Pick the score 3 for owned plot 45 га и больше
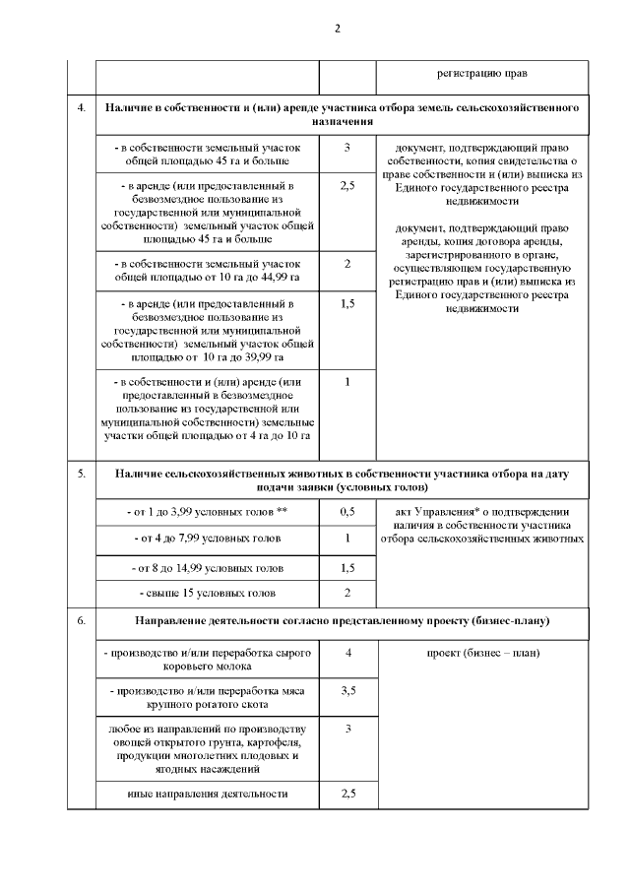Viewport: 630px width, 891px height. point(348,148)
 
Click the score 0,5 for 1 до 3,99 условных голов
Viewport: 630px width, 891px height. point(348,512)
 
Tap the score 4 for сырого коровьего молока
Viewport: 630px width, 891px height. point(348,654)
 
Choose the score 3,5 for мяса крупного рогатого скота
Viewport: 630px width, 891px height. point(348,691)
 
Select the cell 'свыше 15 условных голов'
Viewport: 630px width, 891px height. point(208,593)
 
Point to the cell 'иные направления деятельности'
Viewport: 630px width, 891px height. point(208,793)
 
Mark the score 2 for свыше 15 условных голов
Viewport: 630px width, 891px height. point(348,593)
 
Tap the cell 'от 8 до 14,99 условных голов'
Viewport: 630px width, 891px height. point(208,568)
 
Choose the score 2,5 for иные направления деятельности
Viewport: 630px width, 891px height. point(348,793)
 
